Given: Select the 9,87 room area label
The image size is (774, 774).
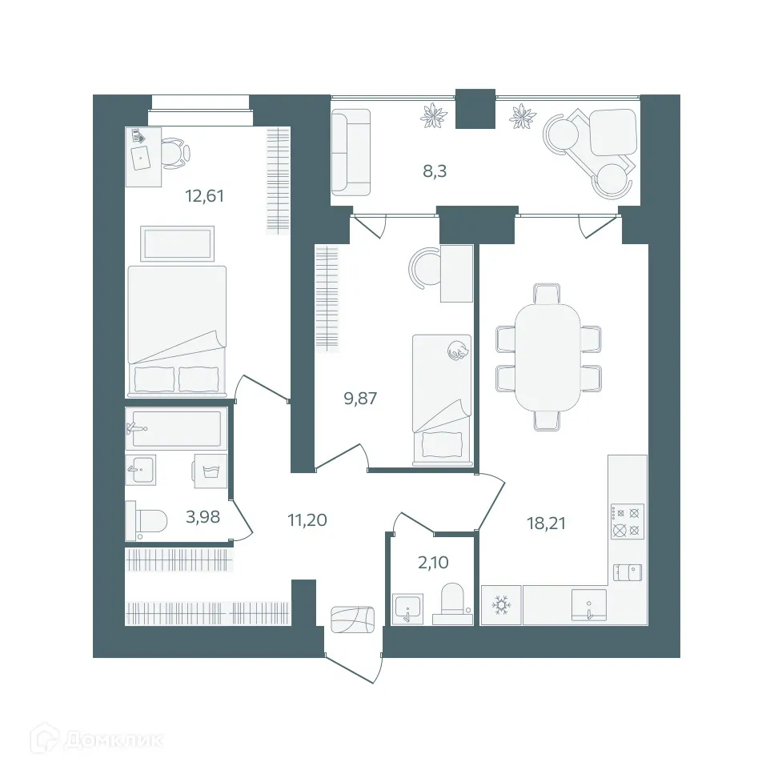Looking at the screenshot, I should tap(360, 398).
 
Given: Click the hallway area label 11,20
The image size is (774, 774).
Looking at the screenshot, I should tap(307, 519).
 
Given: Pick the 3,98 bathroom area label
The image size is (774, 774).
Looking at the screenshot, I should tap(203, 516).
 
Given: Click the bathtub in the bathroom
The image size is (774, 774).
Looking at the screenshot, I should tap(175, 428).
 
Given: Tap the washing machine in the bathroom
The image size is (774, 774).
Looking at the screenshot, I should tap(210, 471).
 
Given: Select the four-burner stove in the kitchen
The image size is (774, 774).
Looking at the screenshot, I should tap(628, 520).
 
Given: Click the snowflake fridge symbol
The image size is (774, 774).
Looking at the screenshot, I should tap(502, 605).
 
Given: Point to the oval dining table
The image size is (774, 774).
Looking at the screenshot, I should tap(547, 356).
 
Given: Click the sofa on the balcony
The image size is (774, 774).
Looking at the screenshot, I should tap(351, 152).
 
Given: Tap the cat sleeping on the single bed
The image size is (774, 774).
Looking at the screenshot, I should tap(458, 350).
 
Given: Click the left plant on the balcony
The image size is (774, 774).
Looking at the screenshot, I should tap(435, 116).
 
